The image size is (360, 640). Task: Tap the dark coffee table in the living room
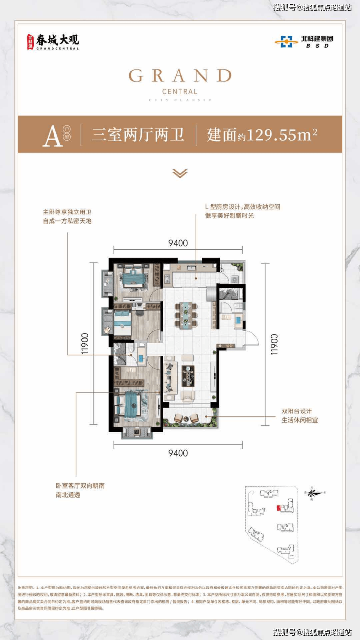point(188,375)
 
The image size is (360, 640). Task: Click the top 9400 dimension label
point(178,243)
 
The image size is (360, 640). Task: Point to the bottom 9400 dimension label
point(178,453)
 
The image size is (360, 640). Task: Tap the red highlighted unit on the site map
point(278,509)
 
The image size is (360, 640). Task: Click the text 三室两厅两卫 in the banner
point(139,135)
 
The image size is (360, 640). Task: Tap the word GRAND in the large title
point(180,76)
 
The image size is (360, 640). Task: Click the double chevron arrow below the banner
point(180,173)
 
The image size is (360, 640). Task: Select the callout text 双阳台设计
point(296,411)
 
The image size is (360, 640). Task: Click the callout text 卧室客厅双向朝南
point(80,485)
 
